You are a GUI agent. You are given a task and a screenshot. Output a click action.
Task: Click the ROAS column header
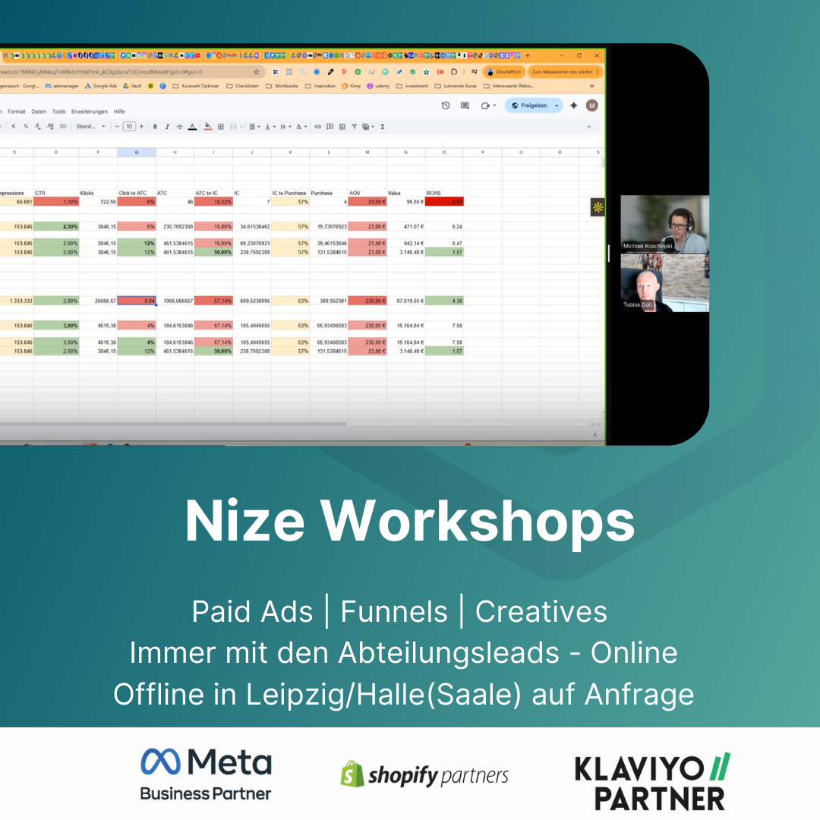(434, 193)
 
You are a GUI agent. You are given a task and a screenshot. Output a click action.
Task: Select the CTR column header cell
(41, 193)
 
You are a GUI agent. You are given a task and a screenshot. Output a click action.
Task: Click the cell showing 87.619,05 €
(406, 301)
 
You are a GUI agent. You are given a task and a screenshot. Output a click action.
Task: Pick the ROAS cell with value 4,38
(444, 301)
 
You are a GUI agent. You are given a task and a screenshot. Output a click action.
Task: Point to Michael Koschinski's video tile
(664, 224)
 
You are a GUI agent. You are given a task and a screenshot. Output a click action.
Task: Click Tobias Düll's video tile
(664, 282)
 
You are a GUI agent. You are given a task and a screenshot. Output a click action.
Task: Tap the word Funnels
(394, 612)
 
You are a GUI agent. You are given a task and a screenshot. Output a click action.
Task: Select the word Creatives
(541, 612)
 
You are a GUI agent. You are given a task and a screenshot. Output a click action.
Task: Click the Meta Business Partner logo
(206, 774)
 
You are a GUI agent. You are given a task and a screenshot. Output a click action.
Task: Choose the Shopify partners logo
(424, 774)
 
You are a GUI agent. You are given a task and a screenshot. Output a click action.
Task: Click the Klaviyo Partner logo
(652, 782)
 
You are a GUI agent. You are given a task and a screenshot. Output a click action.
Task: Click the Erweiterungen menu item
(89, 112)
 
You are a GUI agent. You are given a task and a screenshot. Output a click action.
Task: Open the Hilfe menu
(119, 112)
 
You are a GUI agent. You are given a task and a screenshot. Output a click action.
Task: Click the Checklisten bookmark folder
(244, 86)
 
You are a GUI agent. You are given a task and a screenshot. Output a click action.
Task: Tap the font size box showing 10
(129, 127)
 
